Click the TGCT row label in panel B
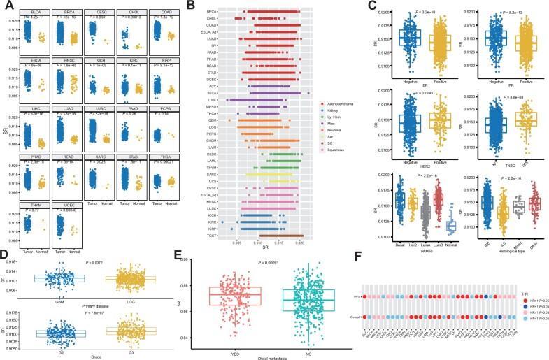coord(211,236)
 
